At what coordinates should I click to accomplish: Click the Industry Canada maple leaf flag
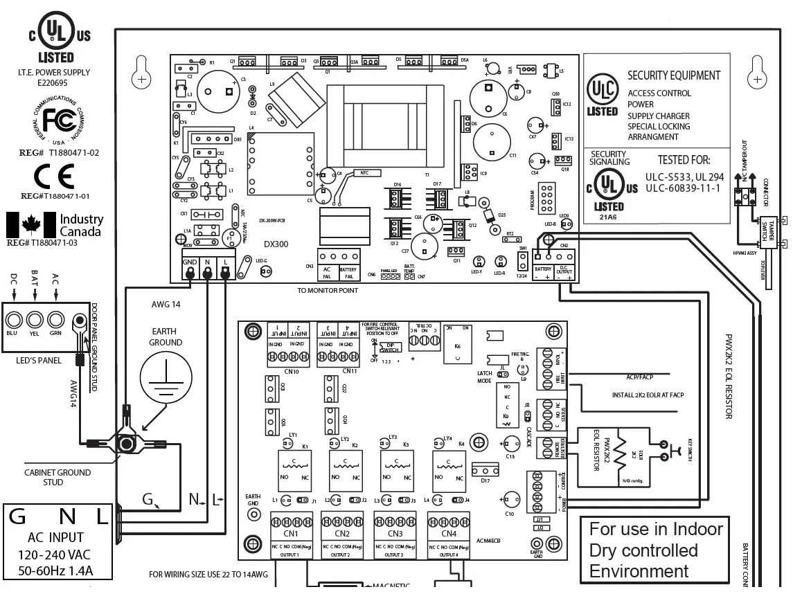30,224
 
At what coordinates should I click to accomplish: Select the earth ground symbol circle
166,379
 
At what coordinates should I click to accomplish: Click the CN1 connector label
291,534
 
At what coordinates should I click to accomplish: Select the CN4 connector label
448,534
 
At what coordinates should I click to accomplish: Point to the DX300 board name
276,244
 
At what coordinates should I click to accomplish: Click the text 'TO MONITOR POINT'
328,290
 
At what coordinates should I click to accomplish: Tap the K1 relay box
294,469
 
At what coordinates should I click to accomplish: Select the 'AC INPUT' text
56,537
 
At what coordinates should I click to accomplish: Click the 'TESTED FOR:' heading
684,160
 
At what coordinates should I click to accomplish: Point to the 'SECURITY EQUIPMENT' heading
674,75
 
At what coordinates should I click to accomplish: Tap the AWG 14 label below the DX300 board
165,305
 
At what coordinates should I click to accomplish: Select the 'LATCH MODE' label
484,377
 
